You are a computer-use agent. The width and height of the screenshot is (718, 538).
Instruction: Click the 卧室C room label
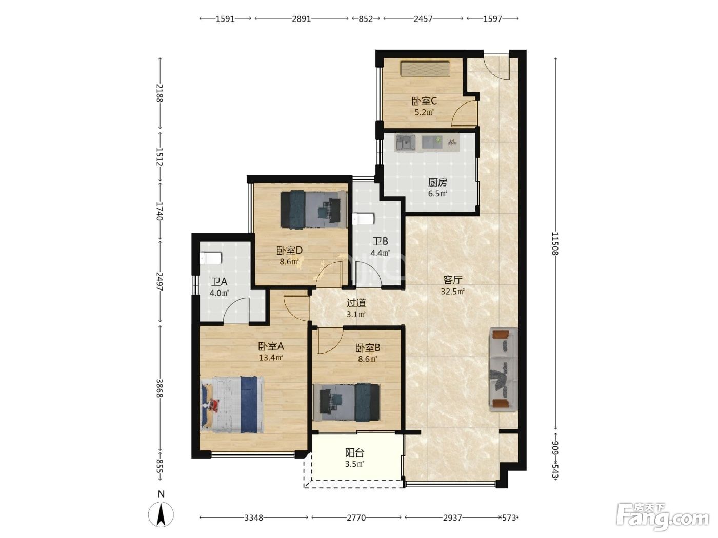click(424, 101)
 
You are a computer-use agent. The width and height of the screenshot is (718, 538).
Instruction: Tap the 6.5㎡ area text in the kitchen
click(437, 193)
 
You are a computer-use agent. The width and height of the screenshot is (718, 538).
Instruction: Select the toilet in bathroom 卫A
click(211, 258)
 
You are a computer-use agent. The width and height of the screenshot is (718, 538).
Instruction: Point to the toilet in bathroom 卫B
click(364, 219)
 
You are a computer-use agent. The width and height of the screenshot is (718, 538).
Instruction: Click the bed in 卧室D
click(314, 210)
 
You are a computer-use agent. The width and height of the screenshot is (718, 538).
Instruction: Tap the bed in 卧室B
click(346, 402)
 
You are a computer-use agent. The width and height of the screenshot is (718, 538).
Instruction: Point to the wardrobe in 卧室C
click(426, 69)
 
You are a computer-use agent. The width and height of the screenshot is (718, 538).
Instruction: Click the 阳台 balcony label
click(355, 453)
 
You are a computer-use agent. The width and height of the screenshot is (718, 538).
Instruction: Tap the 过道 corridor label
click(356, 303)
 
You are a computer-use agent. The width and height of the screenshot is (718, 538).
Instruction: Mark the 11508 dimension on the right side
click(555, 243)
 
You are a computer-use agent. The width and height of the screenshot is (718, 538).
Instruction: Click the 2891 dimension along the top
click(301, 19)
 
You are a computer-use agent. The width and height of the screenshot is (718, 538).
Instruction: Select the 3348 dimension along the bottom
click(253, 518)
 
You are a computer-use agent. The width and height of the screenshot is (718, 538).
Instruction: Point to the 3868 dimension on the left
click(159, 388)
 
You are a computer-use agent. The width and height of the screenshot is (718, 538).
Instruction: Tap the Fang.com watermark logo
click(663, 517)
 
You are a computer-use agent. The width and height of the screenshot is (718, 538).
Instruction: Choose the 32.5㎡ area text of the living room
click(453, 292)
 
